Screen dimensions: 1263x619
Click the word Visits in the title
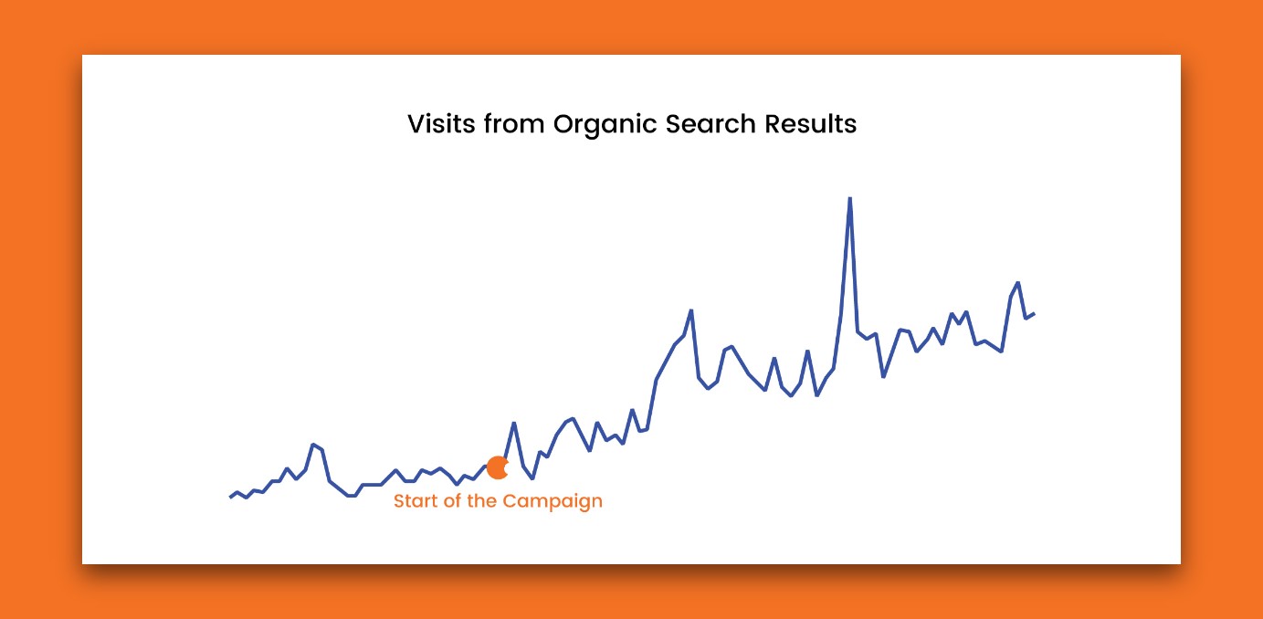point(441,123)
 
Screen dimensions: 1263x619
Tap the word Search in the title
point(710,123)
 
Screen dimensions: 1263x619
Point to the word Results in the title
point(811,123)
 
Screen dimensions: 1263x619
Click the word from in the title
point(514,123)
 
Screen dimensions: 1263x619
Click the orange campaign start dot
point(498,468)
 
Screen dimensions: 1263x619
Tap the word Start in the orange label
point(416,500)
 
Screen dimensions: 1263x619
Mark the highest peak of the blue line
point(849,198)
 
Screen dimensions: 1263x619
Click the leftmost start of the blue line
point(231,498)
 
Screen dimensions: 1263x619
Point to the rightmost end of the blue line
point(1034,314)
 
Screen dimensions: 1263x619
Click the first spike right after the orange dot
point(513,423)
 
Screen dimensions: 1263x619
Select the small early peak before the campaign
point(313,445)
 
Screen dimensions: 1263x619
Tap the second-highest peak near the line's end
point(1017,282)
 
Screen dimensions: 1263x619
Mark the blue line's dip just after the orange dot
point(532,478)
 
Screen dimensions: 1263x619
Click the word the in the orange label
point(481,500)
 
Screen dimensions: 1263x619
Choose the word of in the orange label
point(452,500)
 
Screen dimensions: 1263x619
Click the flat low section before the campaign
point(372,484)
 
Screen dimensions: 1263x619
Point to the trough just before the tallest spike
point(817,395)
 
